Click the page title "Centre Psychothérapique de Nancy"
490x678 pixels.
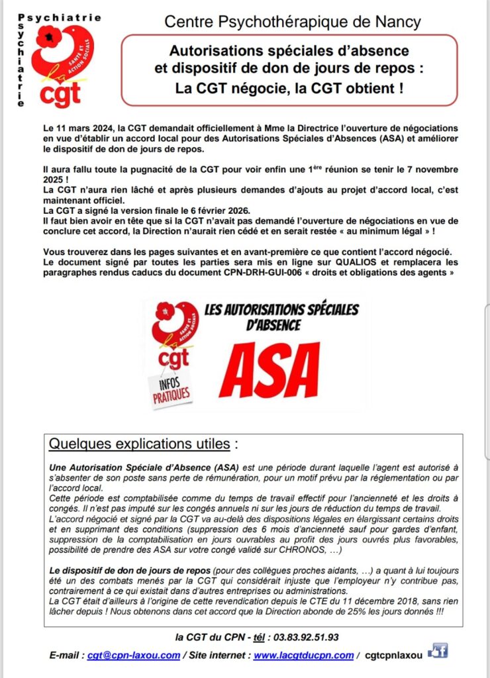pyautogui.click(x=292, y=22)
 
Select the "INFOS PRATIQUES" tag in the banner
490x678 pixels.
pyautogui.click(x=171, y=389)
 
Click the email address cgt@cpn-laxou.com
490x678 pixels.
pyautogui.click(x=134, y=655)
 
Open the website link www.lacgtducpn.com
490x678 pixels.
pyautogui.click(x=303, y=655)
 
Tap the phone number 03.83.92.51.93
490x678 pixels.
pyautogui.click(x=303, y=637)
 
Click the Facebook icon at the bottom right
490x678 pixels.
pyautogui.click(x=438, y=652)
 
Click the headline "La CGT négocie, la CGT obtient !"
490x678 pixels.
pyautogui.click(x=289, y=87)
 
